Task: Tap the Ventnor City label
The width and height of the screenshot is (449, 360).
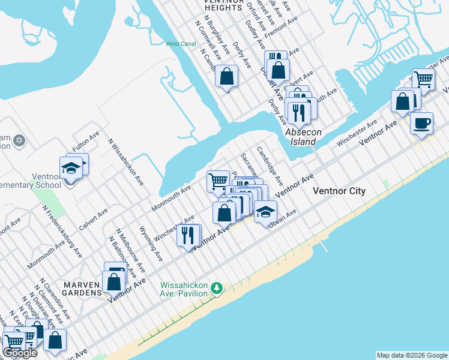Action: pos(339,191)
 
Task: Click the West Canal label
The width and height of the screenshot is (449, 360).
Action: pos(181,44)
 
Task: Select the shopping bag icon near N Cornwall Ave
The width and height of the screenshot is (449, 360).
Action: pos(227,76)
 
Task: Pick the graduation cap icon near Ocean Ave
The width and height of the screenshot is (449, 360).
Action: pos(265,211)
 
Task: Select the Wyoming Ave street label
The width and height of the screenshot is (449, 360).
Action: pos(151,243)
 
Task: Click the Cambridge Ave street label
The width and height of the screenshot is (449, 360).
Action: pos(270,165)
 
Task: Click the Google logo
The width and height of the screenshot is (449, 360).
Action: pos(20,353)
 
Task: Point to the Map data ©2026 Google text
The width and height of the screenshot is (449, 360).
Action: pos(411,355)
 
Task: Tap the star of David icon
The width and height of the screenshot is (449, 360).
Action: pos(19,140)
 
